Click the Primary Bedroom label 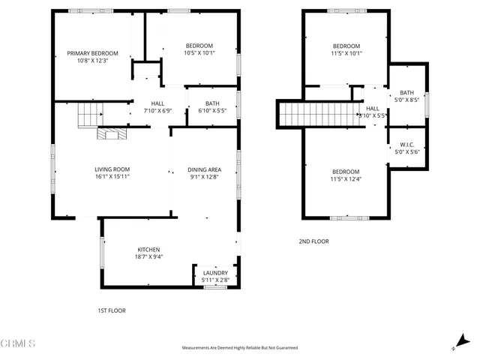click(x=93, y=53)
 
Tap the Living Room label click(x=112, y=169)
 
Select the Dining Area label click(x=204, y=169)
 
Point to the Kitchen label click(x=148, y=250)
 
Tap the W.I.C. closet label click(x=406, y=145)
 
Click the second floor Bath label click(x=406, y=92)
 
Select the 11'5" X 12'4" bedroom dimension click(x=346, y=179)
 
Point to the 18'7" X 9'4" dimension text click(x=148, y=257)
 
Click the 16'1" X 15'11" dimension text click(x=112, y=178)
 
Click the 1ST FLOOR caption click(x=112, y=310)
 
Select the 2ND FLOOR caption click(x=313, y=241)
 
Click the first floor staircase click(x=90, y=115)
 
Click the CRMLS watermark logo click(x=18, y=343)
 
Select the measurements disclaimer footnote click(x=240, y=348)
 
